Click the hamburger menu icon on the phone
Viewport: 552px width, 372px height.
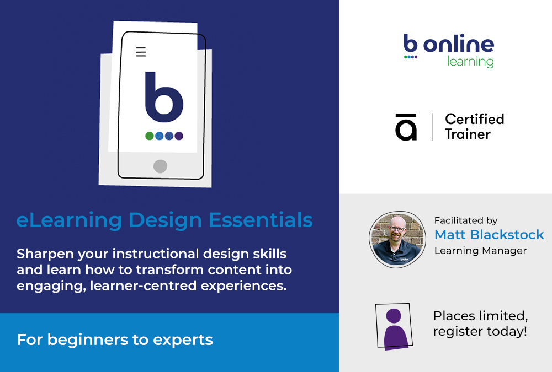point(141,52)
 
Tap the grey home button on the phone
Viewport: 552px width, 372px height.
point(160,166)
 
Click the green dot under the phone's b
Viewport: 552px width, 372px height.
point(150,136)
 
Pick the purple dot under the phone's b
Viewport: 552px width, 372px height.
point(179,136)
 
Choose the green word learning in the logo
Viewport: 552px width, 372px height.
point(470,61)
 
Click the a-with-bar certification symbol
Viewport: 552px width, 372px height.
point(406,127)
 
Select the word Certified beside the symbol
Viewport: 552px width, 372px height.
point(474,119)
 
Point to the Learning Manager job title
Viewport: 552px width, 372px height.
point(480,251)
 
